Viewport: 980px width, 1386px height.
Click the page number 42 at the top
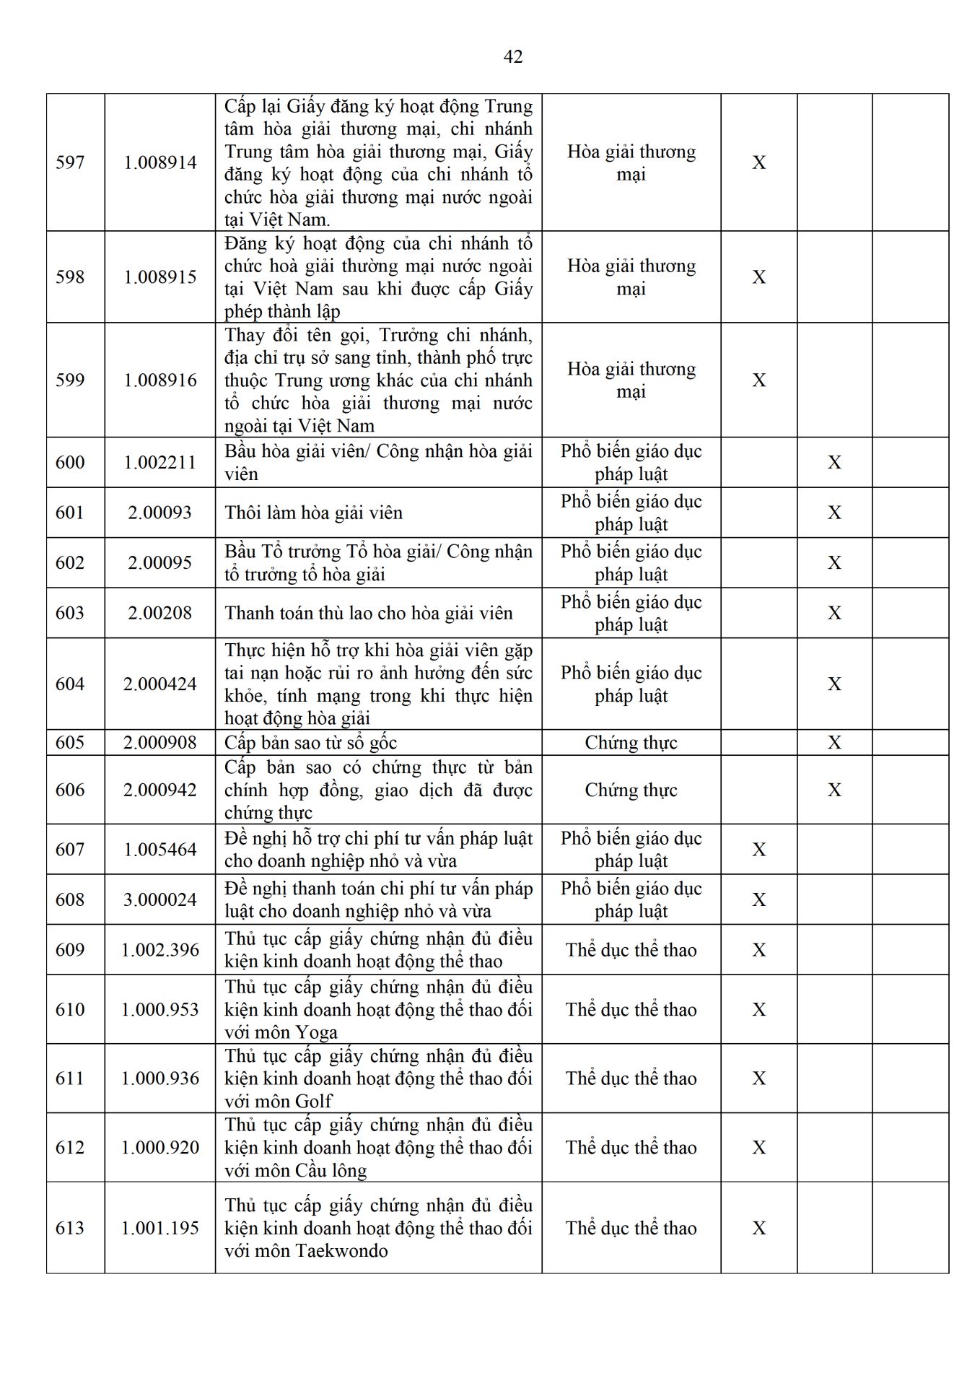click(x=512, y=57)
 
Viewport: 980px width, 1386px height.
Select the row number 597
click(x=70, y=162)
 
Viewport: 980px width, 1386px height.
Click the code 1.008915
click(x=160, y=277)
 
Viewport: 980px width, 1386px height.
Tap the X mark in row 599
click(x=759, y=380)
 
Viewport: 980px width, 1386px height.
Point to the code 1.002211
click(x=160, y=463)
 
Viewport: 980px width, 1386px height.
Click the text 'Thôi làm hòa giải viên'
click(x=313, y=513)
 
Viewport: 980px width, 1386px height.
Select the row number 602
click(x=70, y=563)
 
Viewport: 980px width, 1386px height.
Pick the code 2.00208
click(x=160, y=614)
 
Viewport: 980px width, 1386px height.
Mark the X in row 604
click(x=834, y=684)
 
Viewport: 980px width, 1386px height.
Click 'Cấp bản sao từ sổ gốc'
click(x=310, y=743)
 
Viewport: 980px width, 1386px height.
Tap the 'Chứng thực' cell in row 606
click(x=631, y=790)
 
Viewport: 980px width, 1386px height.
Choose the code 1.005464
click(x=160, y=850)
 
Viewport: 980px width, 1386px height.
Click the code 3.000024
click(x=160, y=899)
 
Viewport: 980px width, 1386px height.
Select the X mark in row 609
click(x=759, y=950)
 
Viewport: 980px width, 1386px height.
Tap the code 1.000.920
click(x=160, y=1148)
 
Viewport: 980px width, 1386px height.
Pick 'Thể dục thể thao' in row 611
click(x=631, y=1078)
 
